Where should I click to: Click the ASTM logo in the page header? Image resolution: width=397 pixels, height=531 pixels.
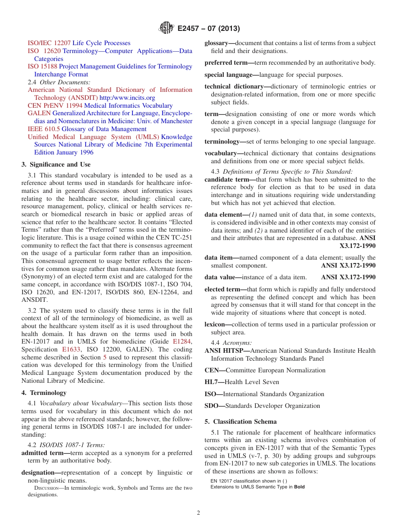point(166,28)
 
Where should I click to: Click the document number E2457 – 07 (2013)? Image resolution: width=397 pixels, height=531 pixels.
point(208,29)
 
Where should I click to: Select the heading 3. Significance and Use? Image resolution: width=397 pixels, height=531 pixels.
point(56,164)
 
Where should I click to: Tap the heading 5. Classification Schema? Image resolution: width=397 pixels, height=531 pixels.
point(240,422)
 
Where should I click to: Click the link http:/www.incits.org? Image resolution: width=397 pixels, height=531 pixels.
point(127,98)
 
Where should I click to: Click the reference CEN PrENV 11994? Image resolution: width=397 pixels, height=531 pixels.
point(55,106)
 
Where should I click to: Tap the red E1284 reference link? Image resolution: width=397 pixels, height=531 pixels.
point(183,341)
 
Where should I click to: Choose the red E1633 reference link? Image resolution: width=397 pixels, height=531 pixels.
point(71,349)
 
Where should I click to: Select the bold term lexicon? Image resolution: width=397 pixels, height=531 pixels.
point(216,324)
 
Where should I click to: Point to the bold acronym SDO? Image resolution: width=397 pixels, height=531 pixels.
point(214,406)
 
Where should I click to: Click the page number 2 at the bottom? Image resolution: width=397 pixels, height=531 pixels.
point(198,513)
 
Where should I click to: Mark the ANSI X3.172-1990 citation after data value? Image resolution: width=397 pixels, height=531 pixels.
point(348,277)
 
